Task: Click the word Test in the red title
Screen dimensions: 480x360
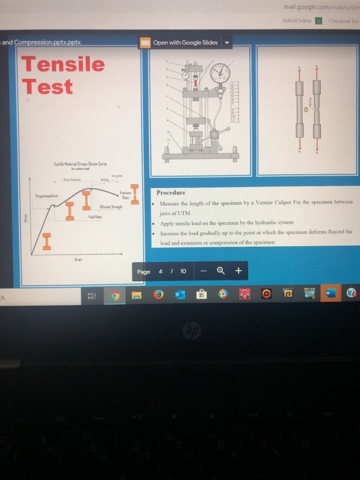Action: (x=47, y=87)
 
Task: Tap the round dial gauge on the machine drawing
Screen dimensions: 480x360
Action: (x=219, y=74)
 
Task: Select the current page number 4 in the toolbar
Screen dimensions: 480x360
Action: (x=160, y=271)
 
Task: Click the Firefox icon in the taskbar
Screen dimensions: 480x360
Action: (x=158, y=295)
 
